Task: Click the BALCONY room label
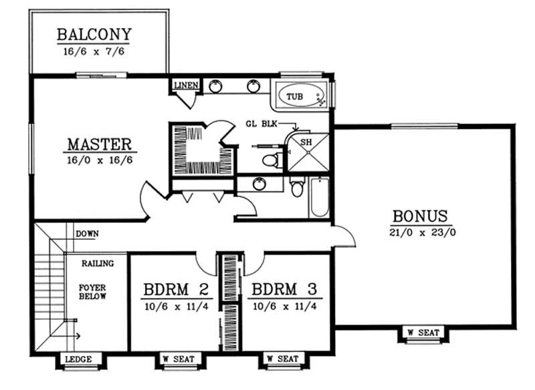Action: pyautogui.click(x=94, y=34)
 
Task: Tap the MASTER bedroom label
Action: pyautogui.click(x=98, y=144)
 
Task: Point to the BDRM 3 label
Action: pyautogui.click(x=284, y=290)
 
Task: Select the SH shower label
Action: pyautogui.click(x=306, y=142)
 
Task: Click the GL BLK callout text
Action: pyautogui.click(x=259, y=124)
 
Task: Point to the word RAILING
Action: pyautogui.click(x=98, y=264)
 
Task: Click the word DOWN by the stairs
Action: pyautogui.click(x=87, y=234)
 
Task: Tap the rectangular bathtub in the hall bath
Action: pyautogui.click(x=320, y=198)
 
